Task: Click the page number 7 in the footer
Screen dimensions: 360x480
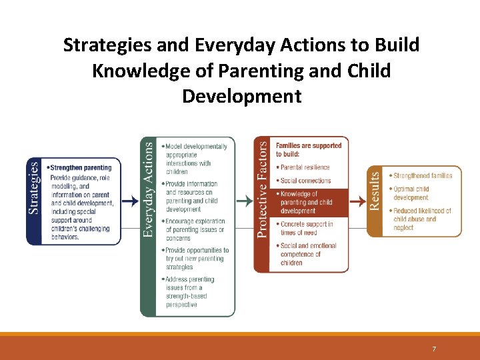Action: click(x=434, y=349)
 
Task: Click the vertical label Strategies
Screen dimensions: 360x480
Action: click(x=34, y=189)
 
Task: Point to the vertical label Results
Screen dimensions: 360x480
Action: click(x=375, y=190)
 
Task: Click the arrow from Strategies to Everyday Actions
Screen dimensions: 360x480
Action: click(x=131, y=200)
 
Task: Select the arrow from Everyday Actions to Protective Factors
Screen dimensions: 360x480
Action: click(x=245, y=200)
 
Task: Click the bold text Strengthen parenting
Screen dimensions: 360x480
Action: click(x=80, y=167)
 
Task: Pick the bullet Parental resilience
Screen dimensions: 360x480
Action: click(x=305, y=167)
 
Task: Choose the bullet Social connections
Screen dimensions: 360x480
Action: click(x=305, y=181)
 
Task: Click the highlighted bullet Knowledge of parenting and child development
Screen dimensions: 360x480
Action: click(x=306, y=202)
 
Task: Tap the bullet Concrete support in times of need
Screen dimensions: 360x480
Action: click(x=306, y=228)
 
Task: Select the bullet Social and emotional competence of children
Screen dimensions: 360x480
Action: click(x=308, y=254)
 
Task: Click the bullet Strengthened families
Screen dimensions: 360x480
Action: click(x=422, y=176)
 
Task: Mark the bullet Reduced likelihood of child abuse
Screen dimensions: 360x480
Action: click(x=421, y=219)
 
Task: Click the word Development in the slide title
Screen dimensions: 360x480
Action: click(x=241, y=96)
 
